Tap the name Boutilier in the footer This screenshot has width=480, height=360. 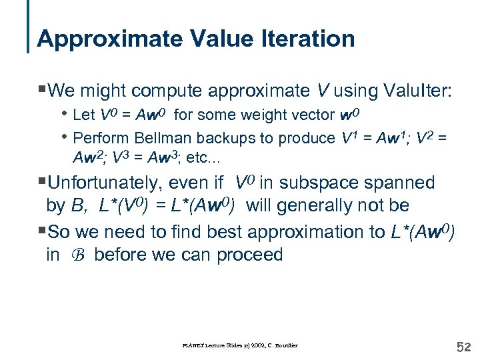pyautogui.click(x=285, y=345)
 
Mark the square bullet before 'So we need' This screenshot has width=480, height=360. pyautogui.click(x=42, y=231)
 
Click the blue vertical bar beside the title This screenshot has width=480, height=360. pyautogui.click(x=28, y=27)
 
